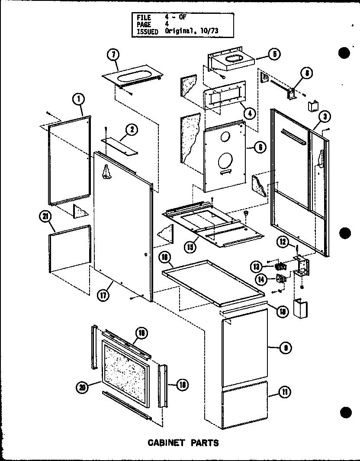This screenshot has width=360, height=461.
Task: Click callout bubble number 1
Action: click(x=78, y=99)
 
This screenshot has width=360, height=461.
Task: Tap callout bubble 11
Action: click(x=285, y=393)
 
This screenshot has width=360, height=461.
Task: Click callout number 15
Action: click(x=189, y=247)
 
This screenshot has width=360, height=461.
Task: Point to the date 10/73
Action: click(x=199, y=31)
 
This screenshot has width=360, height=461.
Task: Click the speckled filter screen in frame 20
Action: click(x=125, y=369)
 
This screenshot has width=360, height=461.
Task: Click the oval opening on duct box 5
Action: click(x=234, y=58)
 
